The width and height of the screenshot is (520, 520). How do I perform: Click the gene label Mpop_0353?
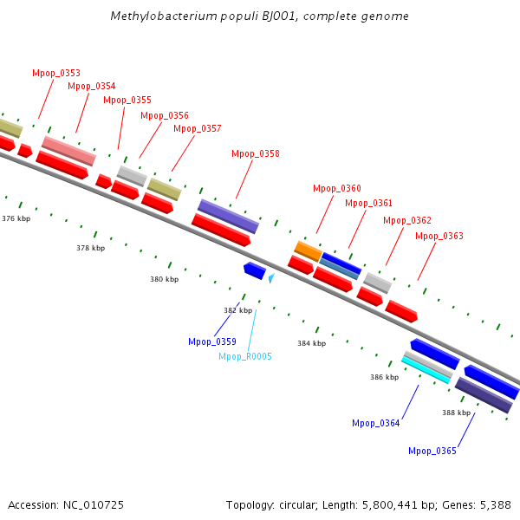(x=55, y=73)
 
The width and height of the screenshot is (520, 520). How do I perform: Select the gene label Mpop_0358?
(x=256, y=154)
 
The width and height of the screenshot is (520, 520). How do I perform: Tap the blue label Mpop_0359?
(x=212, y=341)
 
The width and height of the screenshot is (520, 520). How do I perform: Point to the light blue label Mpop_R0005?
(x=245, y=356)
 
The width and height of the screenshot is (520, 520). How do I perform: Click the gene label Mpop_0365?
(x=432, y=451)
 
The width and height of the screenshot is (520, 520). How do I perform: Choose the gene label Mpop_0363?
(x=439, y=236)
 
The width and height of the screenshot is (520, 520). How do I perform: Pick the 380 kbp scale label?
(x=165, y=279)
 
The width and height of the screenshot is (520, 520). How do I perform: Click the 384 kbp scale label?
(x=312, y=343)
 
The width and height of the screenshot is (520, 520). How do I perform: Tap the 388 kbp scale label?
(x=457, y=413)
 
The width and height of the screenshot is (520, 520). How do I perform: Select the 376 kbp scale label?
(x=16, y=218)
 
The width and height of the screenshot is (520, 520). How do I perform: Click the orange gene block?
(x=308, y=250)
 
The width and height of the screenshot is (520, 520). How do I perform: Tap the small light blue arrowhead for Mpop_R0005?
(x=271, y=278)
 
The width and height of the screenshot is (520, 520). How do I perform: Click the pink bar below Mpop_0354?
(x=68, y=150)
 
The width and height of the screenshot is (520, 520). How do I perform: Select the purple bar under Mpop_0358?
(x=228, y=216)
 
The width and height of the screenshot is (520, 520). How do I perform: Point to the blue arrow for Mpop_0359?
(x=255, y=270)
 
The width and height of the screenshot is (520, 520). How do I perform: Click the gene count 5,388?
(x=495, y=504)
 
